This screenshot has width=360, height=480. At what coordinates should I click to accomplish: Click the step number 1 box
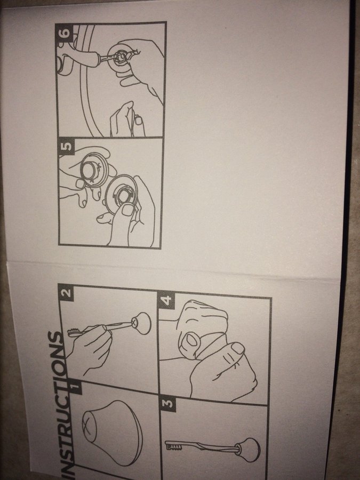point(76,388)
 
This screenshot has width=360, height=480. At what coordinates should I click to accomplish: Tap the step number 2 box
point(66,293)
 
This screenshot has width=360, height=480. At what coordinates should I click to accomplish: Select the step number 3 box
point(168,404)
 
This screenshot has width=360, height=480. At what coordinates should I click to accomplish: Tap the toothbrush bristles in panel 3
point(174,447)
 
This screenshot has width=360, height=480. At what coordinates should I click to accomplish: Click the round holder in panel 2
point(141,323)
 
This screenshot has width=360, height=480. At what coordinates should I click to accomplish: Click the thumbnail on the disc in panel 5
point(126,210)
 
